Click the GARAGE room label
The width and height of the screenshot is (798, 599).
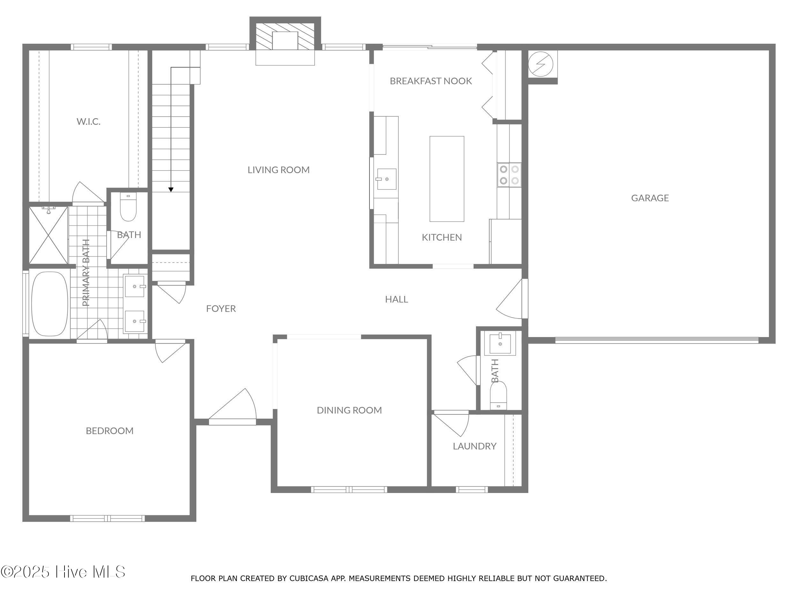[x=650, y=198]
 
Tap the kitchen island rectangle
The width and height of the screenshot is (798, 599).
[x=447, y=179]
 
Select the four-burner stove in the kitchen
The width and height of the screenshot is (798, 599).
[x=509, y=175]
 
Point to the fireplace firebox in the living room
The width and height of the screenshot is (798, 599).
[x=285, y=41]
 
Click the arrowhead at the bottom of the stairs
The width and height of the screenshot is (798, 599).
[x=171, y=189]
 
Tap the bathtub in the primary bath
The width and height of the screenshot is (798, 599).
[x=50, y=304]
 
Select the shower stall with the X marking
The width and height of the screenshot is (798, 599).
[x=48, y=235]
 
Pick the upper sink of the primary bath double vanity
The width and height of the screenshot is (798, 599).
[x=135, y=286]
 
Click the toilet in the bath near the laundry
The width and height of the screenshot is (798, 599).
[x=498, y=396]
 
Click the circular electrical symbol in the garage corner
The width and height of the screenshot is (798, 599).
[x=540, y=64]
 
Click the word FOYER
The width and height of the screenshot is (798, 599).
[x=221, y=309]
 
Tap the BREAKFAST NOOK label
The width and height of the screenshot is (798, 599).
[x=431, y=81]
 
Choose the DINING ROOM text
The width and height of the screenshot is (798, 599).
[x=349, y=410]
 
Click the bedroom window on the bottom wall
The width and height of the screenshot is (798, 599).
[x=108, y=518]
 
